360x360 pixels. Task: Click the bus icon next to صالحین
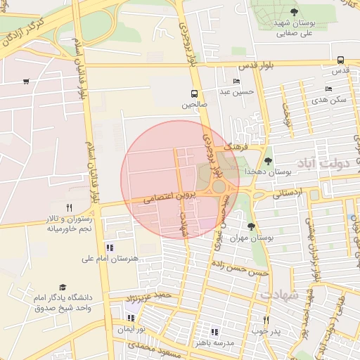pyautogui.click(x=194, y=94)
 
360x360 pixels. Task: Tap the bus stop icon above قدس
pyautogui.click(x=340, y=60)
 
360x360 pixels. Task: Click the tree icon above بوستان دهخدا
pyautogui.click(x=268, y=161)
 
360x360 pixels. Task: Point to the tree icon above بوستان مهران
pyautogui.click(x=252, y=226)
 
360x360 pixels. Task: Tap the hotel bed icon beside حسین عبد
pyautogui.click(x=237, y=82)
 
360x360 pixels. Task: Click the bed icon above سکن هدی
pyautogui.click(x=328, y=89)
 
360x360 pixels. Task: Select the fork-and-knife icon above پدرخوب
pyautogui.click(x=266, y=320)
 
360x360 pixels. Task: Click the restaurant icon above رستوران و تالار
pyautogui.click(x=68, y=207)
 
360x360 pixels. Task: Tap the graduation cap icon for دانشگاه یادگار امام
pyautogui.click(x=63, y=288)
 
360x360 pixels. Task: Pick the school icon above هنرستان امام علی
pyautogui.click(x=109, y=247)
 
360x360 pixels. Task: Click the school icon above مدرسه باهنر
pyautogui.click(x=215, y=332)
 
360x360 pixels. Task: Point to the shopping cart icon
pyautogui.click(x=26, y=82)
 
